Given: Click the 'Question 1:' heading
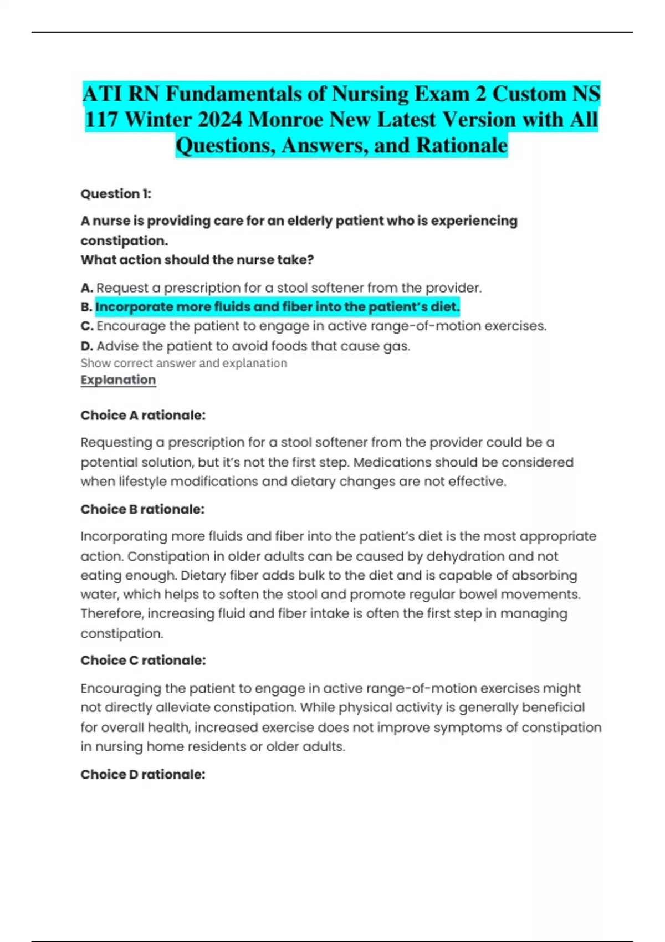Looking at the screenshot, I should click(116, 194).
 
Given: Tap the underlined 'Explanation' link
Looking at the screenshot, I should click(118, 380).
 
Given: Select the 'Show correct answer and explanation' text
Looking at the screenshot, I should click(183, 363).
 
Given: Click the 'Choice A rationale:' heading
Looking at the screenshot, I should click(143, 416).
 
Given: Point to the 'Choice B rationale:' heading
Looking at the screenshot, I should click(142, 509).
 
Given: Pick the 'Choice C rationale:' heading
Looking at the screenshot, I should click(143, 661).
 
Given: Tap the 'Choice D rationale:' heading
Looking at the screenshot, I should click(143, 775).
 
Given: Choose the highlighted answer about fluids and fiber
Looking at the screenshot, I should click(277, 307).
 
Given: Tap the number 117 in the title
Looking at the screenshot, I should click(101, 120).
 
